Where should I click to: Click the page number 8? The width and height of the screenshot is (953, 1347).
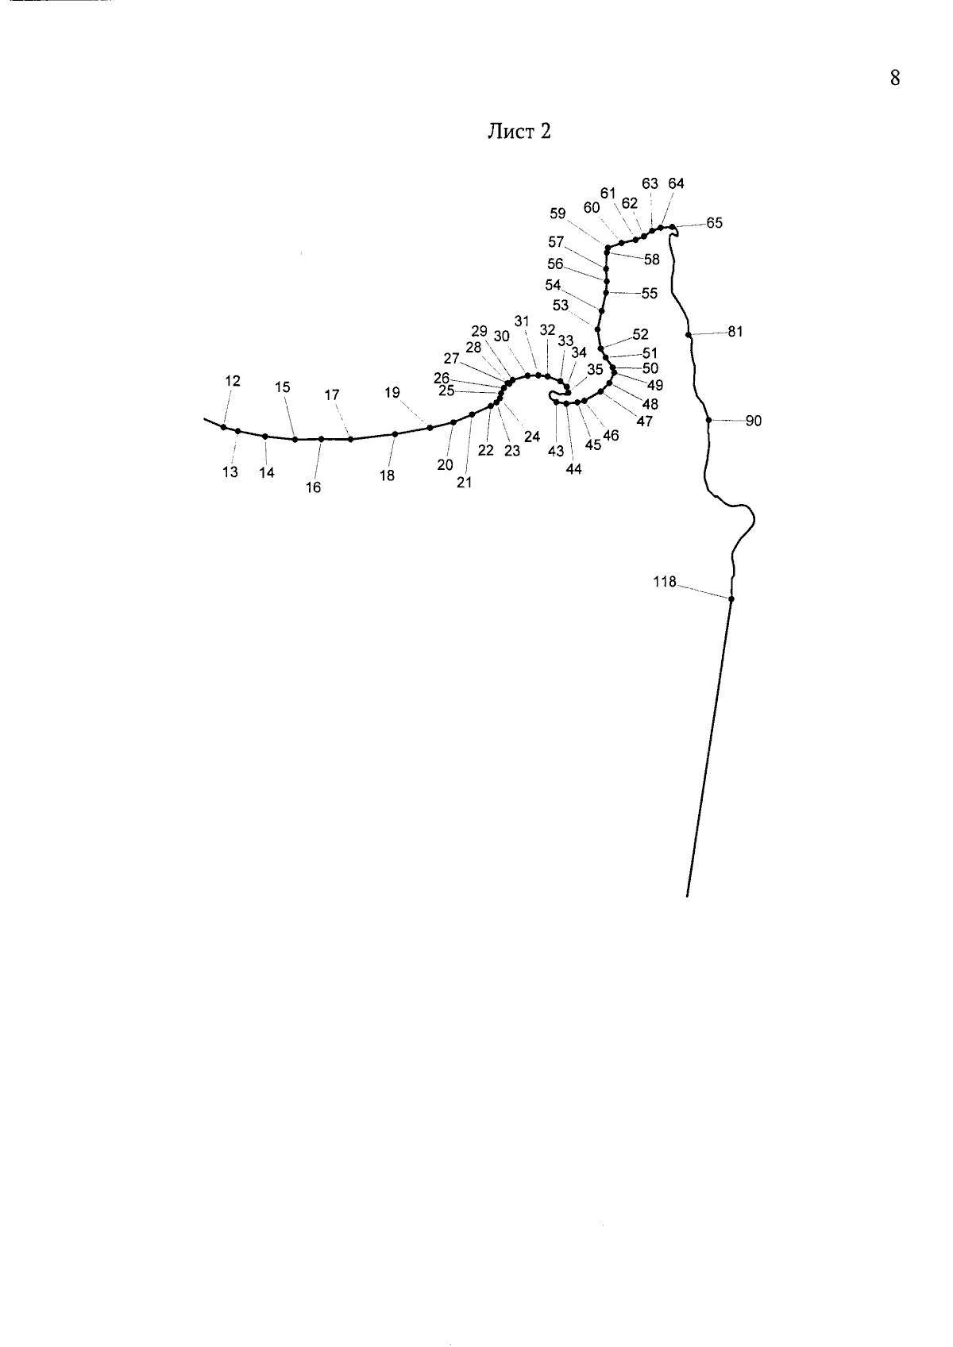[x=895, y=78]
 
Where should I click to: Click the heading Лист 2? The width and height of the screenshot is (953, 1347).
[x=519, y=131]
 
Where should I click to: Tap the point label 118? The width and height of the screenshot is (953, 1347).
[x=665, y=582]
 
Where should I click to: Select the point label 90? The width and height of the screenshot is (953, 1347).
[x=753, y=421]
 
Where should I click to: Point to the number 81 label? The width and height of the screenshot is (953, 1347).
[x=735, y=331]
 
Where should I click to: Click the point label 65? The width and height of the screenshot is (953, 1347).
[x=714, y=223]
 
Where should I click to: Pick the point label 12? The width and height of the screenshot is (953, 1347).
[x=233, y=381]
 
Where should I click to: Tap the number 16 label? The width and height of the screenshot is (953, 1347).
[x=314, y=487]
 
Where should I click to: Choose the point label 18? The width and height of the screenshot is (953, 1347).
[x=387, y=475]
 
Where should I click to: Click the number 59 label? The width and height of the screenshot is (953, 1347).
[x=558, y=214]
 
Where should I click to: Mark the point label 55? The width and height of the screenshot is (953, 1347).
[x=650, y=294]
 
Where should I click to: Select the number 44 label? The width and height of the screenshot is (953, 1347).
[x=574, y=469]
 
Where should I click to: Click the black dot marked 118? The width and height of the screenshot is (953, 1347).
[x=731, y=599]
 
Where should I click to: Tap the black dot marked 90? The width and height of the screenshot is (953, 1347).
[x=708, y=421]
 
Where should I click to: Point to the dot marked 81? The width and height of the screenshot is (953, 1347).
[x=689, y=335]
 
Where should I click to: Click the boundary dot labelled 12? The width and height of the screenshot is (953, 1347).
[x=223, y=427]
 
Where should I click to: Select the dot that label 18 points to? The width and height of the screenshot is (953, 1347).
[x=395, y=434]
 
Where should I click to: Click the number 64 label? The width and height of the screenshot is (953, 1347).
[x=677, y=183]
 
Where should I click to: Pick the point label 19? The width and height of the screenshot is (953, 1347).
[x=392, y=393]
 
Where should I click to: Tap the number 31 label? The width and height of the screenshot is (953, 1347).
[x=522, y=321]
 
